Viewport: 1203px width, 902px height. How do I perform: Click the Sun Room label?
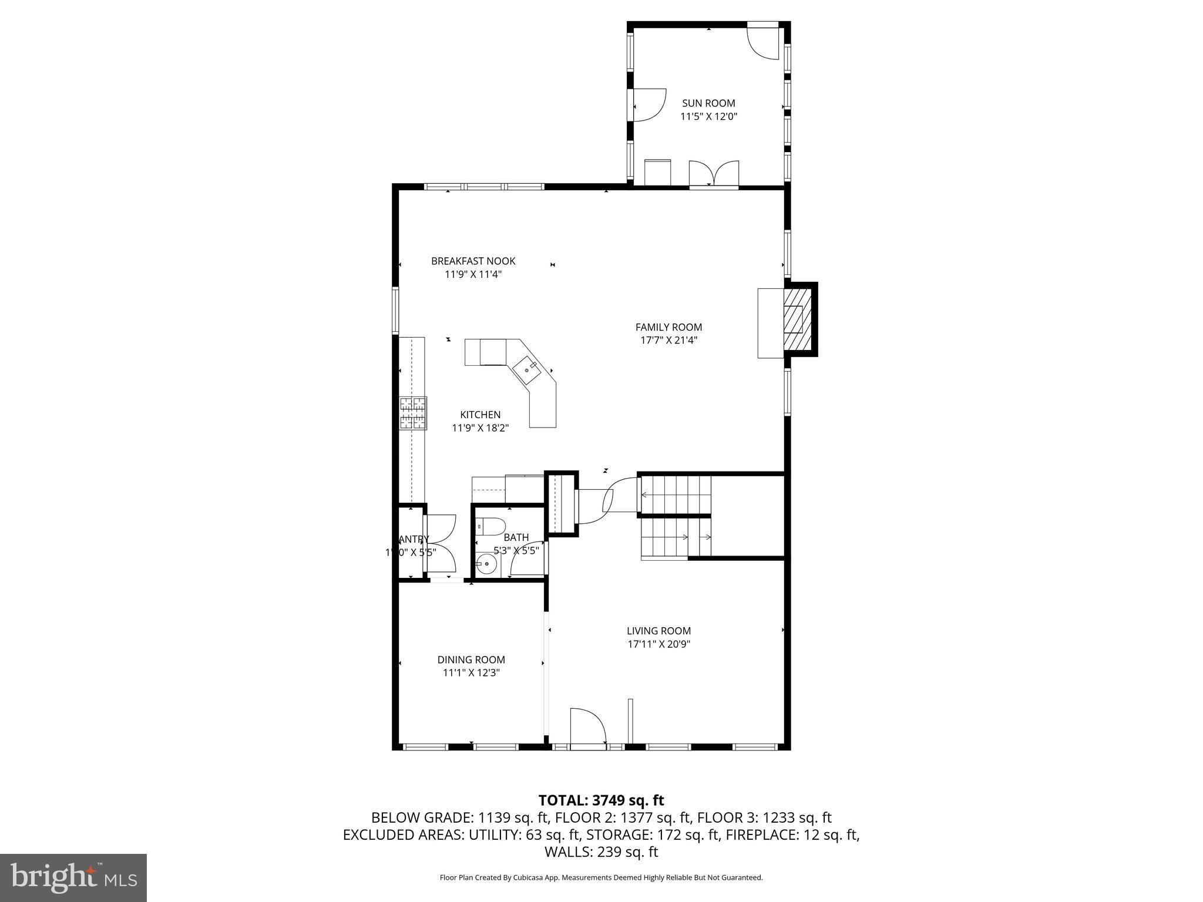[x=708, y=103]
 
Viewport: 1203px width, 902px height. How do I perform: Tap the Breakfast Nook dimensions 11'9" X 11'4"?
[x=473, y=274]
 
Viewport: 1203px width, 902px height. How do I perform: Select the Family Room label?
[x=668, y=327]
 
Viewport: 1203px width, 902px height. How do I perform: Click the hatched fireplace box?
[x=797, y=319]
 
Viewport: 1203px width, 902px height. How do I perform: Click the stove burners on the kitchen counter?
[x=413, y=413]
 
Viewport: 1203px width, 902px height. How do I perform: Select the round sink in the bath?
[x=486, y=564]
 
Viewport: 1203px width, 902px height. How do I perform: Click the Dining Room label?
[x=471, y=659]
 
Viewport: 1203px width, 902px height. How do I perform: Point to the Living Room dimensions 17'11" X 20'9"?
[x=658, y=644]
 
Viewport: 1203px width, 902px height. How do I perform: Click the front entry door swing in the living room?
[x=587, y=727]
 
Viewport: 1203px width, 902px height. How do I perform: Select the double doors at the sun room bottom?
[x=714, y=173]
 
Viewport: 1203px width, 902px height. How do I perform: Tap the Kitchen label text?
[x=480, y=415]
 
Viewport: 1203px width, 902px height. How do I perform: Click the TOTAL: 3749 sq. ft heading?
[x=601, y=800]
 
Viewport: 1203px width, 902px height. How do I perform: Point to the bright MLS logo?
[x=73, y=877]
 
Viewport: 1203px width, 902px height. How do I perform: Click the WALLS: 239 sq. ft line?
[x=601, y=851]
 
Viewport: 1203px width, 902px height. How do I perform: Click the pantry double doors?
[x=439, y=543]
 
